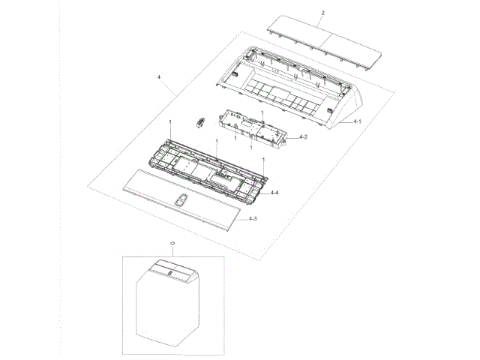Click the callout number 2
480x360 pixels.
(x=323, y=13)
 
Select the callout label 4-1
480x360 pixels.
(x=357, y=121)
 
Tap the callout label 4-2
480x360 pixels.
(x=303, y=136)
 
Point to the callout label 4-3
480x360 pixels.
(x=253, y=218)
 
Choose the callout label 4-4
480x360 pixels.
(x=274, y=193)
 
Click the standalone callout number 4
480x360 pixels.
(x=159, y=77)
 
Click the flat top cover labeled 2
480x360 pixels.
(x=325, y=42)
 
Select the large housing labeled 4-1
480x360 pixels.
(x=289, y=87)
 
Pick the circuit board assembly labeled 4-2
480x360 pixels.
(x=253, y=130)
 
